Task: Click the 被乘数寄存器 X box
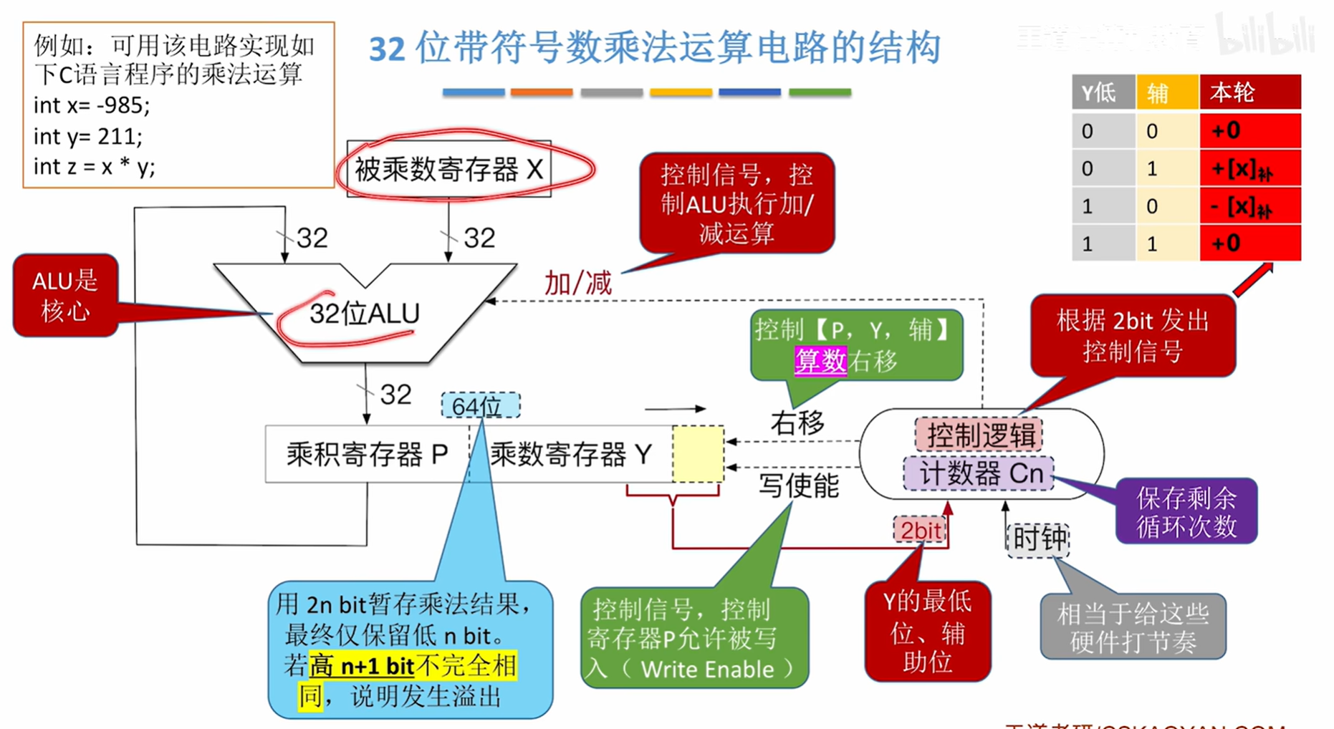[449, 170]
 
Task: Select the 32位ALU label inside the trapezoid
[364, 314]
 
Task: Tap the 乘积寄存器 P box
[367, 454]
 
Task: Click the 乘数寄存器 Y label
[571, 454]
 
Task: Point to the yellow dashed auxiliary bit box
[698, 454]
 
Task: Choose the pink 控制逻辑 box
[979, 435]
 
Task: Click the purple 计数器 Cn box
[979, 473]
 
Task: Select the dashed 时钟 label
[1038, 539]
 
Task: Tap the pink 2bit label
[920, 531]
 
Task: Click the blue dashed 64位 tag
[480, 406]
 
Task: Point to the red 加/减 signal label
[577, 284]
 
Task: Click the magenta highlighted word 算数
[821, 360]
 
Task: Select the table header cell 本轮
[1249, 92]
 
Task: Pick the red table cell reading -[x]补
[1249, 206]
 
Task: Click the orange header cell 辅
[1166, 92]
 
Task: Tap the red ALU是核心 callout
[65, 295]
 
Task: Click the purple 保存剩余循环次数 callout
[1186, 511]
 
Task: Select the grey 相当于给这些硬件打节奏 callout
[1133, 627]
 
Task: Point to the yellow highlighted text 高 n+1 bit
[363, 666]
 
